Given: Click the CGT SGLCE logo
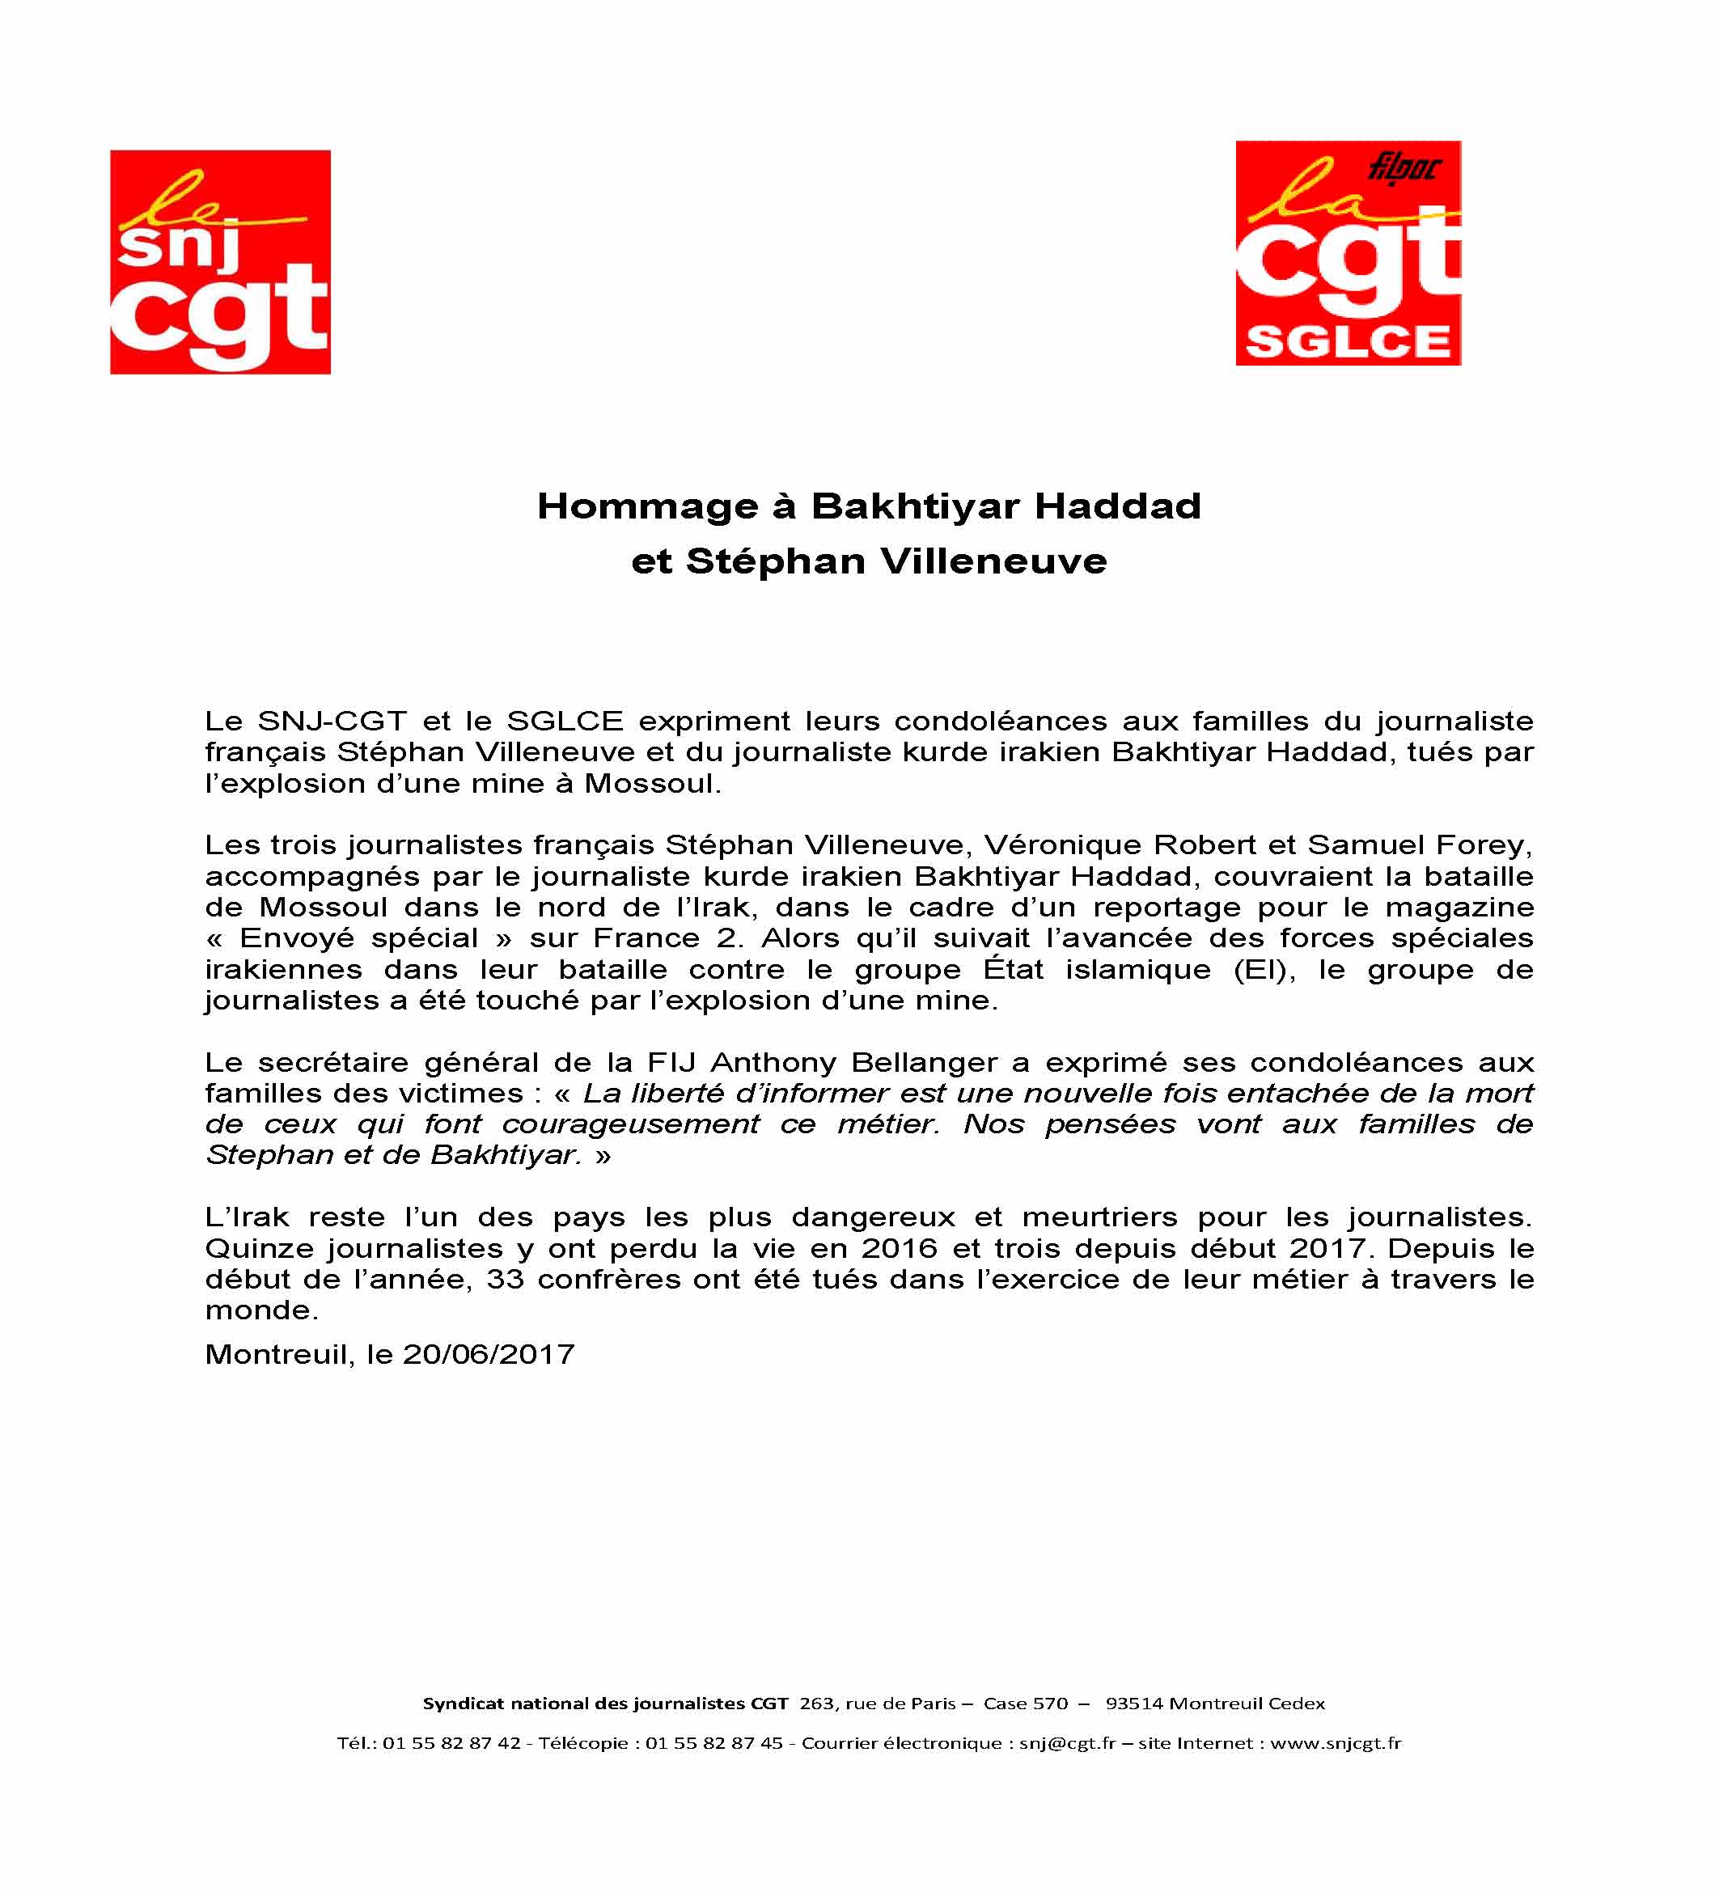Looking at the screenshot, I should [1348, 253].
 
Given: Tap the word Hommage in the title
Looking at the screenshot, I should [647, 507].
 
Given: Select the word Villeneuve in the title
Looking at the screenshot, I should [993, 562].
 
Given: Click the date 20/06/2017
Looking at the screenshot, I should [488, 1354].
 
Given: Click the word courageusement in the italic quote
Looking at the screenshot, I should [630, 1124].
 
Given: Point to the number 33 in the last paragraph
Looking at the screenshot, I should [505, 1279].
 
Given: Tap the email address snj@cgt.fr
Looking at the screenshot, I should [1068, 1744].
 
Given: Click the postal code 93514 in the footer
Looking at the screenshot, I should [1133, 1704].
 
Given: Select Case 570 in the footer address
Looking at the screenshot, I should [1026, 1704].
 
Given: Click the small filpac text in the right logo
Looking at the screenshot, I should [1404, 168].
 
